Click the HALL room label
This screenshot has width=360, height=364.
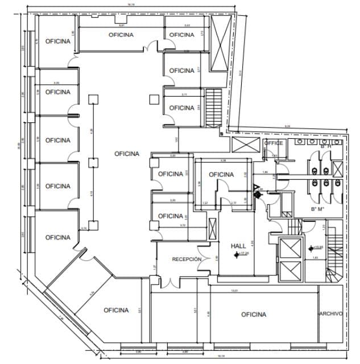click(x=238, y=246)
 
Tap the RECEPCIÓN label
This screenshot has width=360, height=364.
click(x=187, y=259)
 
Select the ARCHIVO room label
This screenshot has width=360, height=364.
click(x=330, y=313)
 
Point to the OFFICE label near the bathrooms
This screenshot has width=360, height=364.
click(x=274, y=143)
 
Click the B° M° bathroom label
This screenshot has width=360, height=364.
click(x=317, y=209)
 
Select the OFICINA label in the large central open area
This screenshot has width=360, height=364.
click(x=126, y=154)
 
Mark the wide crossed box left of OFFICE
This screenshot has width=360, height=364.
click(x=244, y=144)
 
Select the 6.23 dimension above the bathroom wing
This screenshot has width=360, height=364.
click(x=287, y=126)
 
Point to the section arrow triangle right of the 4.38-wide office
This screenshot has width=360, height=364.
click(x=256, y=186)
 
